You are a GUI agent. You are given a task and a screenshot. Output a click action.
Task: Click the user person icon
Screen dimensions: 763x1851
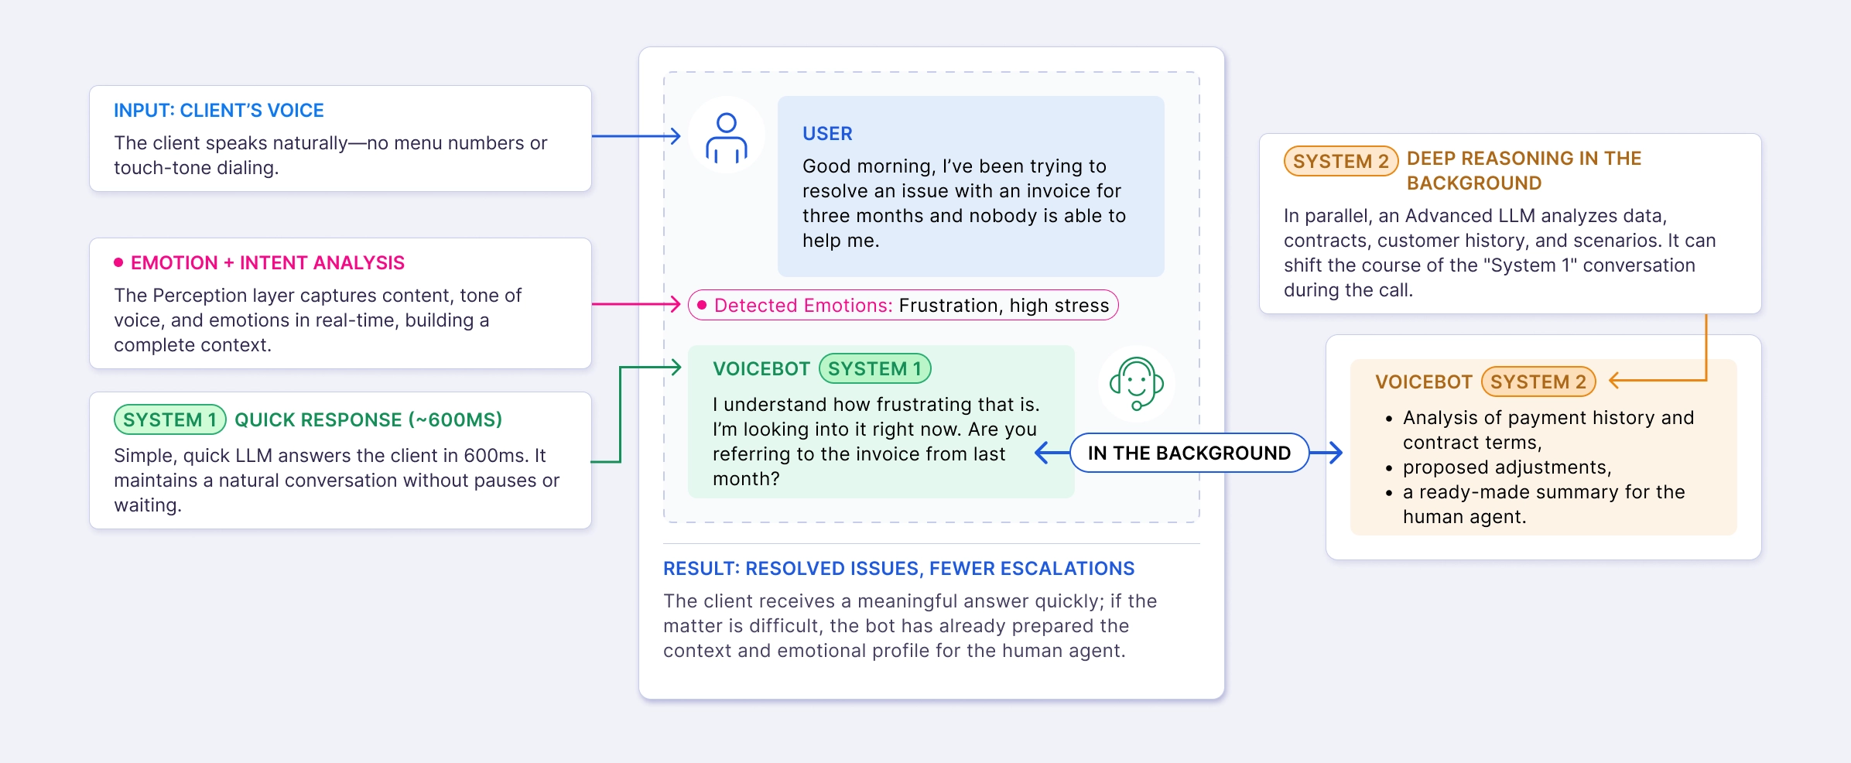tap(726, 137)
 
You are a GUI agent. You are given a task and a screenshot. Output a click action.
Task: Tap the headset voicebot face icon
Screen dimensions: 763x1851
tap(1136, 383)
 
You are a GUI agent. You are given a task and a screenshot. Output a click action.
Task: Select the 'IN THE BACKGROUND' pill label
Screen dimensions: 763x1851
tap(1189, 453)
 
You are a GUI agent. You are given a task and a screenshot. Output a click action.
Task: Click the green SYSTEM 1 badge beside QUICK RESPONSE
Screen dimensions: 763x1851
tap(170, 419)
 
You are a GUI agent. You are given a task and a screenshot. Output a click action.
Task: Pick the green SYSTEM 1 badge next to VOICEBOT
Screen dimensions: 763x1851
tap(874, 368)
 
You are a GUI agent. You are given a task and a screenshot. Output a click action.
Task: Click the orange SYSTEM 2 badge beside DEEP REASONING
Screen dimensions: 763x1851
tap(1340, 161)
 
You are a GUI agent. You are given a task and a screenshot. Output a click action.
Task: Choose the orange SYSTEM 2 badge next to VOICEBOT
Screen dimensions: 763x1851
tap(1538, 381)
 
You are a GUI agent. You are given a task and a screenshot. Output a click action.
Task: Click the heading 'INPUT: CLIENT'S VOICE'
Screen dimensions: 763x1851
tap(218, 111)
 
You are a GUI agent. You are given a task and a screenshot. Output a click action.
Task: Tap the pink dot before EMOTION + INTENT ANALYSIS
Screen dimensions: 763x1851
tap(118, 262)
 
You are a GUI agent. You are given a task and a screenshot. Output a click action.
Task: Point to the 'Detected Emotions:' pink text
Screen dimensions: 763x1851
tap(802, 306)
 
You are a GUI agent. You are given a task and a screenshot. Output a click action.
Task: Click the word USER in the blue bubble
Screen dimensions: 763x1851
tap(826, 134)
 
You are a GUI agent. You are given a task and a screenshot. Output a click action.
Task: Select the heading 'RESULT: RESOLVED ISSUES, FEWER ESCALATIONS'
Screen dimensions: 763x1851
tap(898, 569)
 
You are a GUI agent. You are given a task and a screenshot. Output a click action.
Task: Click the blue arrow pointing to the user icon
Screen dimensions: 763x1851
tap(674, 136)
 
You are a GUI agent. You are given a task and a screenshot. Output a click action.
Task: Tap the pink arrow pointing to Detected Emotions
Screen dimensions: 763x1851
tap(674, 304)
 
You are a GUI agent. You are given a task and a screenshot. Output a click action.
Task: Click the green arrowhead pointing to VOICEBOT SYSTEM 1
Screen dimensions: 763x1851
tap(675, 368)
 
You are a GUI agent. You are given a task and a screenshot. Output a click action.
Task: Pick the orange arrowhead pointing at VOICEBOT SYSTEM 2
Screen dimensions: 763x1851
tap(1616, 380)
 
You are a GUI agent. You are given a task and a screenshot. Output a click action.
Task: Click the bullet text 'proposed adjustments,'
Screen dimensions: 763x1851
tap(1506, 467)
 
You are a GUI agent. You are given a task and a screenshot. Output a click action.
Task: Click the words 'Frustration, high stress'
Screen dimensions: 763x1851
tap(1004, 306)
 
